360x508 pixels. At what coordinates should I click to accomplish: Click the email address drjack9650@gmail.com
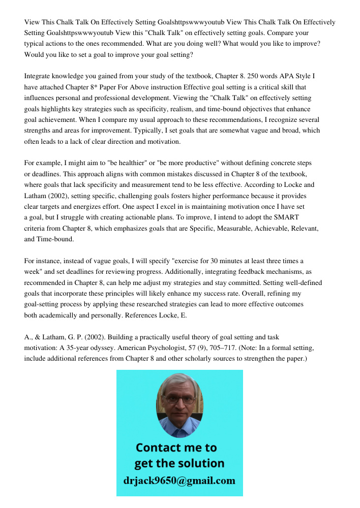179,480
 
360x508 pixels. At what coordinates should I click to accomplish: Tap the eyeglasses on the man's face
179,400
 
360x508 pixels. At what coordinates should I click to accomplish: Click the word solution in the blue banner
201,463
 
